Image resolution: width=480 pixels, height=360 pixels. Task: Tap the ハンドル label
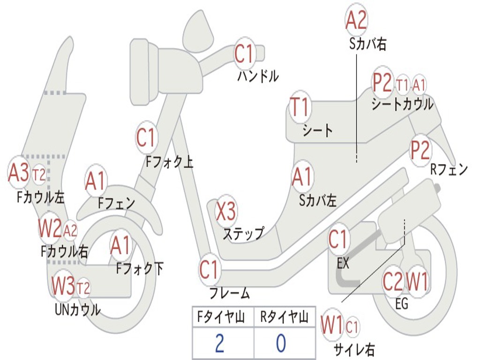click(x=258, y=75)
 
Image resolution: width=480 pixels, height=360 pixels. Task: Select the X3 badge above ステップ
click(x=226, y=211)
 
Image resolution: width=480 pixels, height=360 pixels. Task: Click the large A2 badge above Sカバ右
click(x=356, y=20)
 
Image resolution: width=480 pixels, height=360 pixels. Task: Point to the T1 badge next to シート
click(x=300, y=107)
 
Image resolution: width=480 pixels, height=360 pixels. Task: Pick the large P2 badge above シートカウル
click(x=382, y=82)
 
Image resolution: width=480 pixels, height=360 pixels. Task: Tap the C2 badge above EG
click(x=393, y=281)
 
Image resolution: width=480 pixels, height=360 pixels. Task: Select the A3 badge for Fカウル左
click(x=18, y=172)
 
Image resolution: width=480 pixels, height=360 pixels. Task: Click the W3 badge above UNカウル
click(x=63, y=285)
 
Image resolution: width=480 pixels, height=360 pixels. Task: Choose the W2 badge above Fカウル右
click(x=50, y=229)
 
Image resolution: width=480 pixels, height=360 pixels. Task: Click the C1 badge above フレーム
click(x=210, y=270)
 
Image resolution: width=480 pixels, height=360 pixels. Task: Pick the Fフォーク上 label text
click(x=170, y=162)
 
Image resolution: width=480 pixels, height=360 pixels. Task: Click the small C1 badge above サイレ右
click(x=352, y=327)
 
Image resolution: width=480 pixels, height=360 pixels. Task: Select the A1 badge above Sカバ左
click(x=302, y=177)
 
